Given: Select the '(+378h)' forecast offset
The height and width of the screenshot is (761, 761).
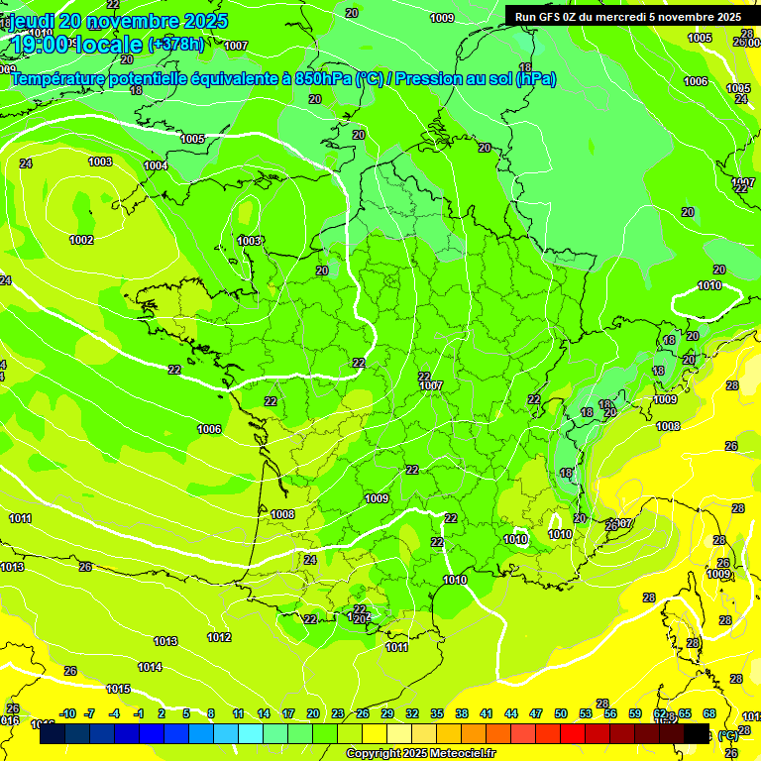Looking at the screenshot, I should coord(175,45).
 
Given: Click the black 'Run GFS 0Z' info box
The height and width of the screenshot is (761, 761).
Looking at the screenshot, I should coord(628,16).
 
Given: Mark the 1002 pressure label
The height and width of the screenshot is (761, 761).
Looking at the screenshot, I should coord(81,240).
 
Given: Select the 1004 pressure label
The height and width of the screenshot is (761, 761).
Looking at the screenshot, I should coord(156,165).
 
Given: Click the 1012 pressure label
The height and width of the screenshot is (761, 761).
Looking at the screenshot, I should coord(219,637).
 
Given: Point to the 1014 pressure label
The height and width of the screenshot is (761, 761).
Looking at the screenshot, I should coord(150,667).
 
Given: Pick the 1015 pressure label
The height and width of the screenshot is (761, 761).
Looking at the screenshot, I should coord(118,689).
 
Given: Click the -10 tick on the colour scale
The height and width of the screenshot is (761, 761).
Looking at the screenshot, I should coord(67,713).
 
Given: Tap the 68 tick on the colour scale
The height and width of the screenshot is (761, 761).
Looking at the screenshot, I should coord(709,713).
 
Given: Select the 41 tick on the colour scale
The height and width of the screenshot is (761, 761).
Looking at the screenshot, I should coord(486,713).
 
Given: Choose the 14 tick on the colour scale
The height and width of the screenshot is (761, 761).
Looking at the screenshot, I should coord(264,713).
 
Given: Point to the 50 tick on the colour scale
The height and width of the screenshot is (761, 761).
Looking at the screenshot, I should coord(561,713).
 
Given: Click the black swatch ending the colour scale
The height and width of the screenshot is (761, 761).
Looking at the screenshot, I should coord(697,733).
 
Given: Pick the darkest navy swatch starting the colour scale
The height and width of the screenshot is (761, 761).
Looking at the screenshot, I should coord(53,733).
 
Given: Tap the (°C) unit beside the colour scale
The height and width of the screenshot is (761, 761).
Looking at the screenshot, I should coord(728,734).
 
